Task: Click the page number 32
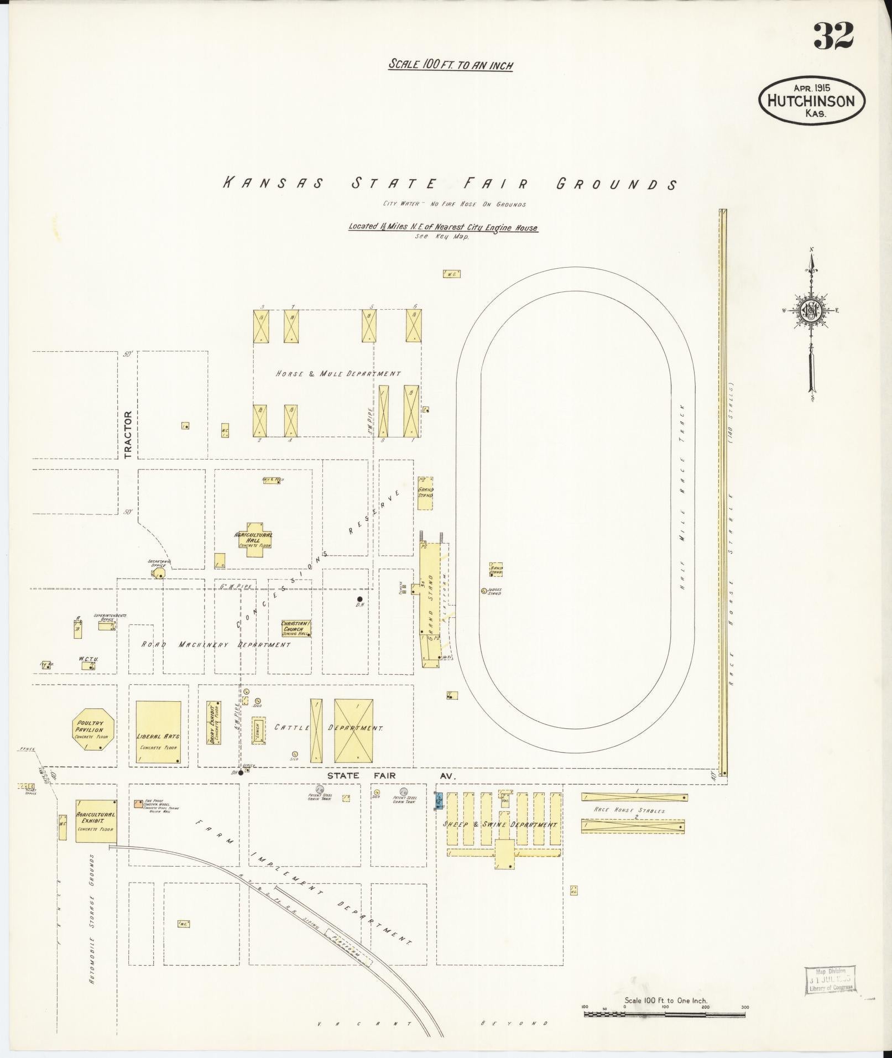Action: (x=833, y=36)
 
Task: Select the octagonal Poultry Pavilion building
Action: (x=93, y=729)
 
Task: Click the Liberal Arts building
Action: (x=158, y=733)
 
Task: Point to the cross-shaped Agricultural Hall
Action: (x=254, y=540)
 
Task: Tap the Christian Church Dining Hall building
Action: (x=296, y=628)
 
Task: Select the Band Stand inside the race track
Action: (x=495, y=569)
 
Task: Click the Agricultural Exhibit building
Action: (x=96, y=821)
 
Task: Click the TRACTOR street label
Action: (x=128, y=434)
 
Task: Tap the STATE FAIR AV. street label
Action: (x=390, y=776)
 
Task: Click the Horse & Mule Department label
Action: (x=338, y=374)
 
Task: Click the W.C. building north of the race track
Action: (x=451, y=274)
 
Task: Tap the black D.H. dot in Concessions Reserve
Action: (x=359, y=599)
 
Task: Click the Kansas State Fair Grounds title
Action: (x=449, y=184)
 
